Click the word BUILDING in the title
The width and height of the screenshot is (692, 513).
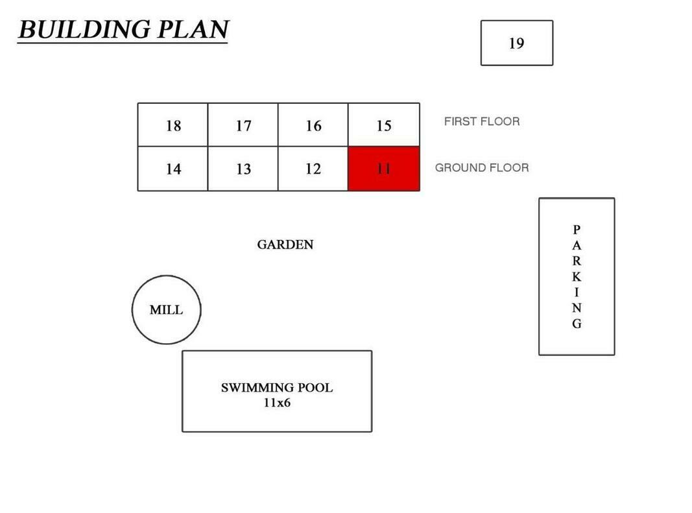point(84,30)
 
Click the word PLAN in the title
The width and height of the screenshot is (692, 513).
point(193,30)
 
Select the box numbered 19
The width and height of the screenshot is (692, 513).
point(517,43)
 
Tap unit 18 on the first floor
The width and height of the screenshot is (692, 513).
point(173,125)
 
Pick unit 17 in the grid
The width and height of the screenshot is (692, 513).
point(243,125)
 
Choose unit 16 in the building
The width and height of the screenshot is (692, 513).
point(313,125)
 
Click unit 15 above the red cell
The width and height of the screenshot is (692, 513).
point(384,125)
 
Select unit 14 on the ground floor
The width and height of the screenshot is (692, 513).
point(173,169)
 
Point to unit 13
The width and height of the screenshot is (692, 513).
point(243,169)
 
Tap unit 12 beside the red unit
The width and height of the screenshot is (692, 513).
point(313,169)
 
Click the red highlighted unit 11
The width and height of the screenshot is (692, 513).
point(384,169)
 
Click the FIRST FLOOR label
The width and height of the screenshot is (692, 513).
point(482,121)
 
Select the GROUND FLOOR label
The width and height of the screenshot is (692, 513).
point(482,168)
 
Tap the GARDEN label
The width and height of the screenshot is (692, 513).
point(285,245)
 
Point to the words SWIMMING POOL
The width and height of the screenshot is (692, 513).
point(277,388)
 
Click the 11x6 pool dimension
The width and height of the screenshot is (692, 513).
point(277,403)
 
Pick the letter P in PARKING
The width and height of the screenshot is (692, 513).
point(577,230)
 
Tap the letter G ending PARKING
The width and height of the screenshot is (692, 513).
point(577,324)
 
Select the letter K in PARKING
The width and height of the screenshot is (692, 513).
point(577,277)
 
